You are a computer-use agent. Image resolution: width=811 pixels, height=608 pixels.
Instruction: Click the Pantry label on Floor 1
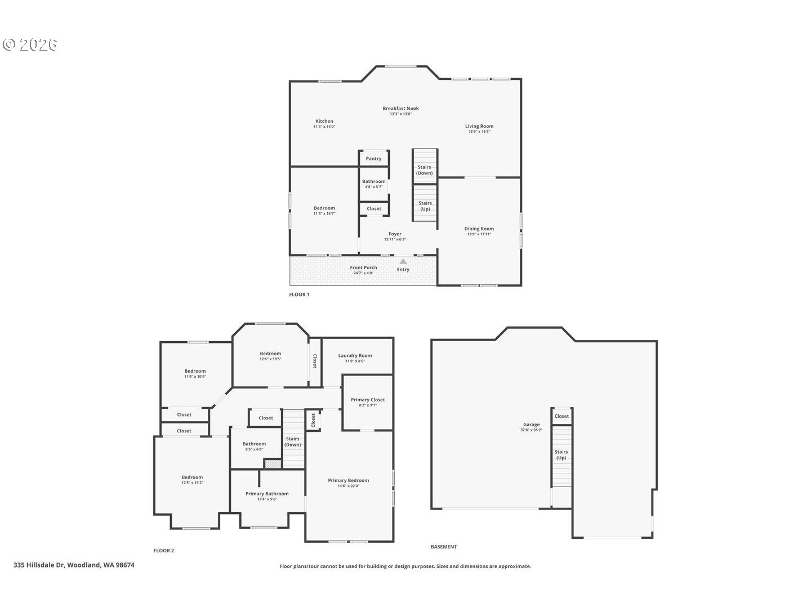coord(373,159)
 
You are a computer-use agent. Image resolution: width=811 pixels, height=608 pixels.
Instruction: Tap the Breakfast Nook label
coord(400,109)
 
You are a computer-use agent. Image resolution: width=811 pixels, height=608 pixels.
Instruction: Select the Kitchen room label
coord(324,122)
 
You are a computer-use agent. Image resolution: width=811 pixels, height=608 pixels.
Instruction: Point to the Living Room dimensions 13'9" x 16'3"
coord(479,132)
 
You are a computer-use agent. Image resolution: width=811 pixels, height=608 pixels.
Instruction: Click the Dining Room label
coord(479,229)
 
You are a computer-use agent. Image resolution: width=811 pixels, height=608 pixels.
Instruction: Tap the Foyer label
coord(395,234)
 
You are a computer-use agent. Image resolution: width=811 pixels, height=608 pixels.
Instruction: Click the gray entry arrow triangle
coord(403,261)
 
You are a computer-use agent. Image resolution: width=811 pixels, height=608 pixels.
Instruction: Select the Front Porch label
coord(363,268)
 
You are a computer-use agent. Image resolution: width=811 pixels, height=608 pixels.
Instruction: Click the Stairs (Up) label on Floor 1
coord(425,206)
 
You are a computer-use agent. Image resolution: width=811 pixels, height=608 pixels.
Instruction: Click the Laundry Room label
coord(355,356)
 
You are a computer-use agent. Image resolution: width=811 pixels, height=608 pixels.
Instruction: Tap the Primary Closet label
coord(368,400)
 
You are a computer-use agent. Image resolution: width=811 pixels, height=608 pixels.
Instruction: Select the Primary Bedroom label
coord(348,481)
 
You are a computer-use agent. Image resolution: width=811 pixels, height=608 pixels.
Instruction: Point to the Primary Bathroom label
coord(267,494)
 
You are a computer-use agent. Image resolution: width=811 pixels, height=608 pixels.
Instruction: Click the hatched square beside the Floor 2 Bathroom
coord(273,464)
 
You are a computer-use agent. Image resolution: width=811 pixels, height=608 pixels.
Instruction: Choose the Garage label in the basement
coord(531,425)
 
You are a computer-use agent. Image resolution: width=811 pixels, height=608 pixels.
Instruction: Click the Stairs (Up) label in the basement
coord(561,455)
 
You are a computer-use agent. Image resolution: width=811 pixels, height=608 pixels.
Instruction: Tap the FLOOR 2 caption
coord(164,551)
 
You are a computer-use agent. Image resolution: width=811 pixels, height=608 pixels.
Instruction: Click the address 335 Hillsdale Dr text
coord(74,565)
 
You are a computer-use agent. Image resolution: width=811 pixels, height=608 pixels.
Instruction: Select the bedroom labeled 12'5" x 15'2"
coord(192,480)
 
